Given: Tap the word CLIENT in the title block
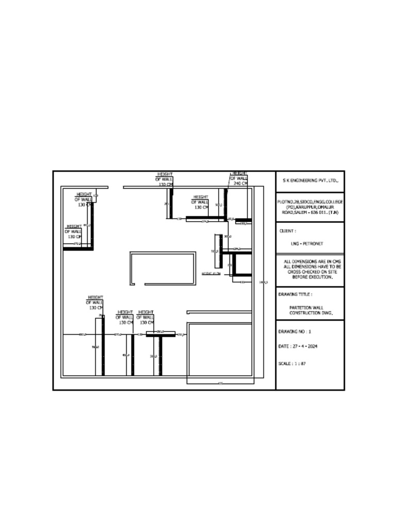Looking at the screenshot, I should pos(287,232).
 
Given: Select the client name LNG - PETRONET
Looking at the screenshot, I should pos(307,243).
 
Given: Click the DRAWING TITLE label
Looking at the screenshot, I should pos(295,294).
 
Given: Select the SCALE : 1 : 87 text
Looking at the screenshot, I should pos(292,364).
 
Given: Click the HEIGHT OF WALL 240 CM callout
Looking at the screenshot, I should pos(240,178).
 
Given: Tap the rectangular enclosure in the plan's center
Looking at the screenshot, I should pos(163,268).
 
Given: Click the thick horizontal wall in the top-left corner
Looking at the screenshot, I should pos(78,249).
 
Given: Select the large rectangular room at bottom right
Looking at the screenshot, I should pos(219,351).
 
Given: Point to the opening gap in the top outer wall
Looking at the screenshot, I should pos(115,187).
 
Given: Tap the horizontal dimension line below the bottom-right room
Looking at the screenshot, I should pos(220,384).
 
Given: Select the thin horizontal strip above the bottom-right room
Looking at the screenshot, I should pos(219,312).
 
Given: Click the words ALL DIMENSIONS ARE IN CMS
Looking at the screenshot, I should pos(312,261).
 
